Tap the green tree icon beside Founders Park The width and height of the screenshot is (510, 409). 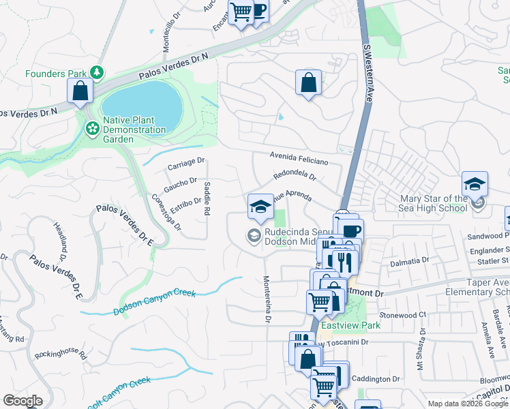(x=97, y=72)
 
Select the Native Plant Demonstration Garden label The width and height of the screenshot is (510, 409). (x=134, y=130)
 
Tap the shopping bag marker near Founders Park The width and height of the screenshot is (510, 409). (x=80, y=91)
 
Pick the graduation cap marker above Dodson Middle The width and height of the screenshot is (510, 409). (x=260, y=207)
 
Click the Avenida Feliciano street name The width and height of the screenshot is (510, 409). (x=299, y=158)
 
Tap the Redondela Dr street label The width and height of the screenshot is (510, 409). (x=295, y=175)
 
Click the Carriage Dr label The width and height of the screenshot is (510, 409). (x=185, y=164)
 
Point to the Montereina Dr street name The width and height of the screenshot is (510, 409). (x=267, y=299)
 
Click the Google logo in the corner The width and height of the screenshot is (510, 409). (x=23, y=401)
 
